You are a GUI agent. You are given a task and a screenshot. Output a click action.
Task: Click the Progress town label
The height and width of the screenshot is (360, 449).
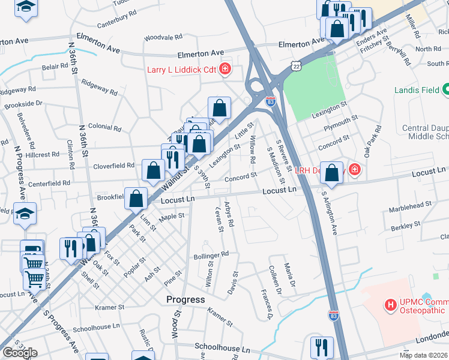[x=185, y=299]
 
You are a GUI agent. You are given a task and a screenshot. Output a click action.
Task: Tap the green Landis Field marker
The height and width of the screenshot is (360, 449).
[x=445, y=91]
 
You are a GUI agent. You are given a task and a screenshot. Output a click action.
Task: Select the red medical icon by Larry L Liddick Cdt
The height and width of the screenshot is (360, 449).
[x=225, y=70]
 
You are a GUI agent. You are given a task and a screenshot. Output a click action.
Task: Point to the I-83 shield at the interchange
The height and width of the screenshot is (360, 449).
[x=271, y=102]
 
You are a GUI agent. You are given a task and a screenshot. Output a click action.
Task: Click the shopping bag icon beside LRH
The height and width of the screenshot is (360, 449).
[x=331, y=171]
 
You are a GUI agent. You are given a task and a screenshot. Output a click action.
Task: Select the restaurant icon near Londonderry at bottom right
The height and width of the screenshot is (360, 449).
[x=322, y=347]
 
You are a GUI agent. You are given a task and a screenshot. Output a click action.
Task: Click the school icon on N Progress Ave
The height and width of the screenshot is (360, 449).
[x=25, y=214]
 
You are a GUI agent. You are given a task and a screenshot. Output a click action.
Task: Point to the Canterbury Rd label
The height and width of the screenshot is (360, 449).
[x=121, y=22]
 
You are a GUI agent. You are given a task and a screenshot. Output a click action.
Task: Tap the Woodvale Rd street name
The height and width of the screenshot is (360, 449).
[x=159, y=37]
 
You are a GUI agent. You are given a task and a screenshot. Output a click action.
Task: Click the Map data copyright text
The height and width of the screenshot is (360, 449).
[x=423, y=355]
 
